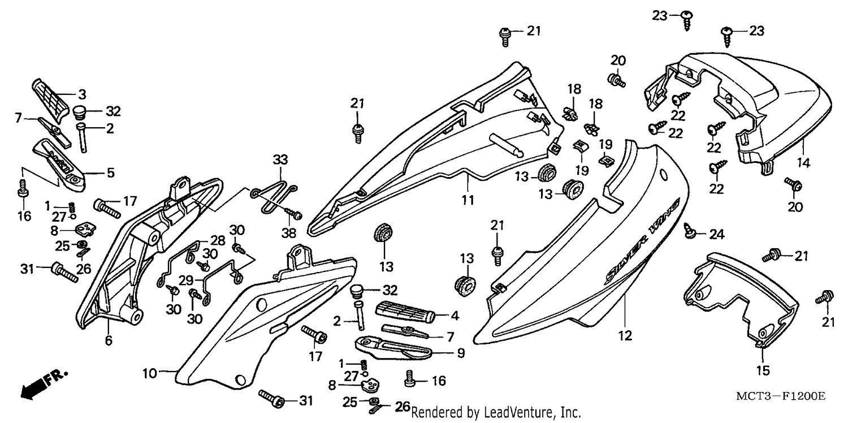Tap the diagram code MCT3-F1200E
point(781,396)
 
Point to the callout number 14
point(803,163)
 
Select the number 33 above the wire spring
point(280,160)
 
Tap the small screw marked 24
point(689,231)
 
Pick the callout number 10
point(150,373)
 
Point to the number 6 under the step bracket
point(109,341)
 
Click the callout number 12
point(625,335)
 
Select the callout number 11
point(468,200)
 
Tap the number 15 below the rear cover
point(763,370)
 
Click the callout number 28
point(218,240)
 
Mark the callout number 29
point(186,280)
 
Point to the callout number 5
point(110,172)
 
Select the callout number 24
point(717,235)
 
